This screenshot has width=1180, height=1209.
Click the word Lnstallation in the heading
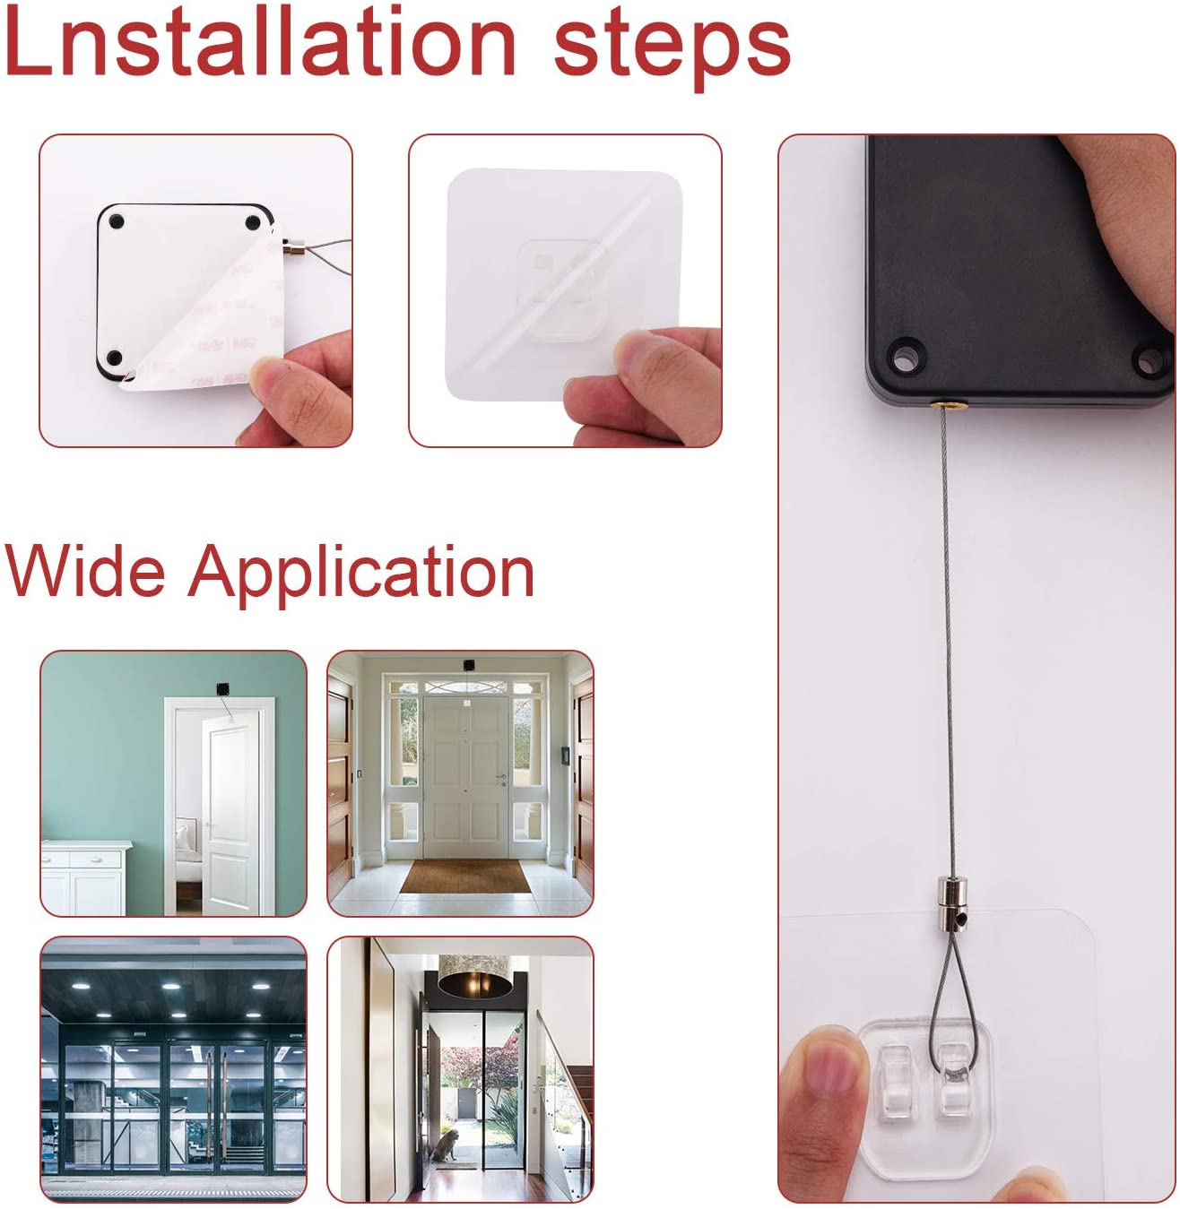pos(260,42)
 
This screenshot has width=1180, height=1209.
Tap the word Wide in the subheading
pos(85,571)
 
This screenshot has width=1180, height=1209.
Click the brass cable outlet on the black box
pos(946,406)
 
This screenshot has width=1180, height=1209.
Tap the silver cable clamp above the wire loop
pos(950,896)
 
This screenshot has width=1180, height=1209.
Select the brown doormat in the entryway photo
pos(464,877)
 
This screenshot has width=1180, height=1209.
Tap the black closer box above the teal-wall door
pos(221,688)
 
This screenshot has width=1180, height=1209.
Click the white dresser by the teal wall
pos(86,877)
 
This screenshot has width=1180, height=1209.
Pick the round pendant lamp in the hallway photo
pos(475,977)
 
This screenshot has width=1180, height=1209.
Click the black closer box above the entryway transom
pos(467,665)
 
